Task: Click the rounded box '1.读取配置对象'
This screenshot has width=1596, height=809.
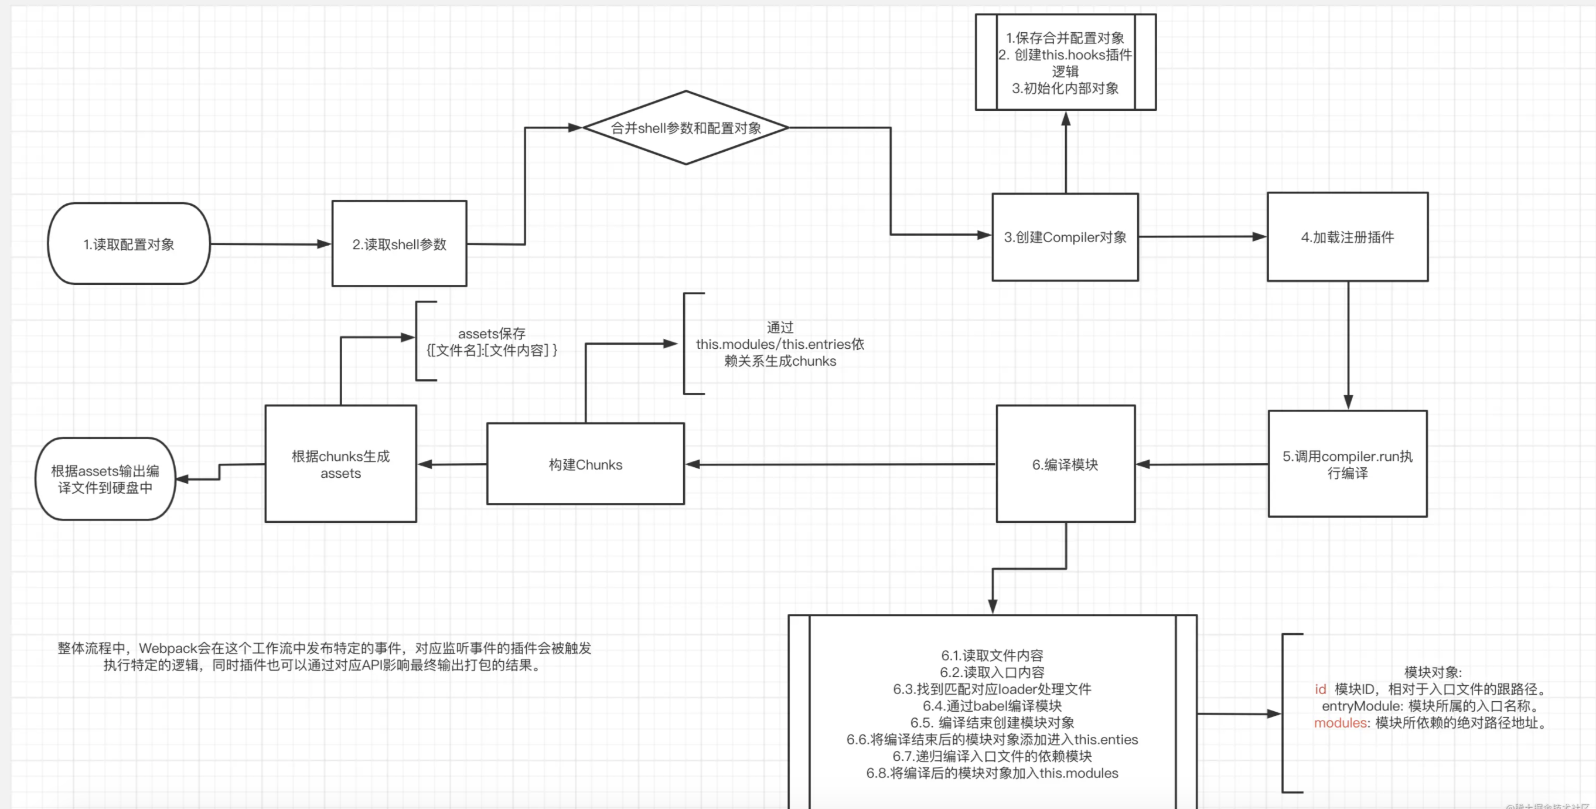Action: (x=129, y=244)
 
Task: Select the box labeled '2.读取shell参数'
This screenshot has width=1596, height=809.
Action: (x=399, y=244)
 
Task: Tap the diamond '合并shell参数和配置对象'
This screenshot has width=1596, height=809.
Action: (x=686, y=128)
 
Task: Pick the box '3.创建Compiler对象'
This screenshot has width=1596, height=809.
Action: (x=1065, y=237)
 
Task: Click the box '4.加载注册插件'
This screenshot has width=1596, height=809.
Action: (x=1348, y=237)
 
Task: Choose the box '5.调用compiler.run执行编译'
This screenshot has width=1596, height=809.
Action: (x=1348, y=464)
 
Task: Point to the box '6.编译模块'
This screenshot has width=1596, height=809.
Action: (x=1065, y=464)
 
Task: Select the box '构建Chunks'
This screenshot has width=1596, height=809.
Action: (x=585, y=464)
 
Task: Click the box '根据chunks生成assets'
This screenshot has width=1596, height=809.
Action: (x=341, y=464)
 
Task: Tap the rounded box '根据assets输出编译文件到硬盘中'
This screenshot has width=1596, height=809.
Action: (x=105, y=479)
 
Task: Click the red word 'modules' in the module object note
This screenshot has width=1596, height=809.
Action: (x=1341, y=723)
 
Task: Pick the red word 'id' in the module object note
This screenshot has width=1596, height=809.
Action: (x=1320, y=689)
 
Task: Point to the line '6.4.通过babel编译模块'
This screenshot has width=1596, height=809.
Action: (x=992, y=706)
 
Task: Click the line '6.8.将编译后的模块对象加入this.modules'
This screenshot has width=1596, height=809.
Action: (x=992, y=773)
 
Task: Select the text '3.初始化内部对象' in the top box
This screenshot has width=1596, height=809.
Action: (x=1065, y=89)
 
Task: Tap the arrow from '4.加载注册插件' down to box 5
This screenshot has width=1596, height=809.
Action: (x=1348, y=344)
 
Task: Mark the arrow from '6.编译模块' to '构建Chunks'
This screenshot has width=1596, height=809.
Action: (x=840, y=464)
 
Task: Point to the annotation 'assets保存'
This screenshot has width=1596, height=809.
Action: (x=492, y=334)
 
